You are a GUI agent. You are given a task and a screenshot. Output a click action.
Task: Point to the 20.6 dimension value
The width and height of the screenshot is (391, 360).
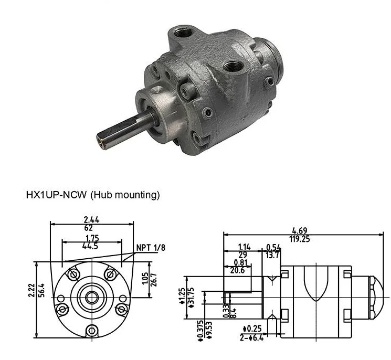click(x=237, y=270)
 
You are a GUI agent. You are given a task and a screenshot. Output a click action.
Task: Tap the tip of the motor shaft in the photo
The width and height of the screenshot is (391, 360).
click(x=101, y=140)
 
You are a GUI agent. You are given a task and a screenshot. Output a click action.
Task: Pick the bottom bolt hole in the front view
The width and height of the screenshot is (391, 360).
click(x=92, y=331)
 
